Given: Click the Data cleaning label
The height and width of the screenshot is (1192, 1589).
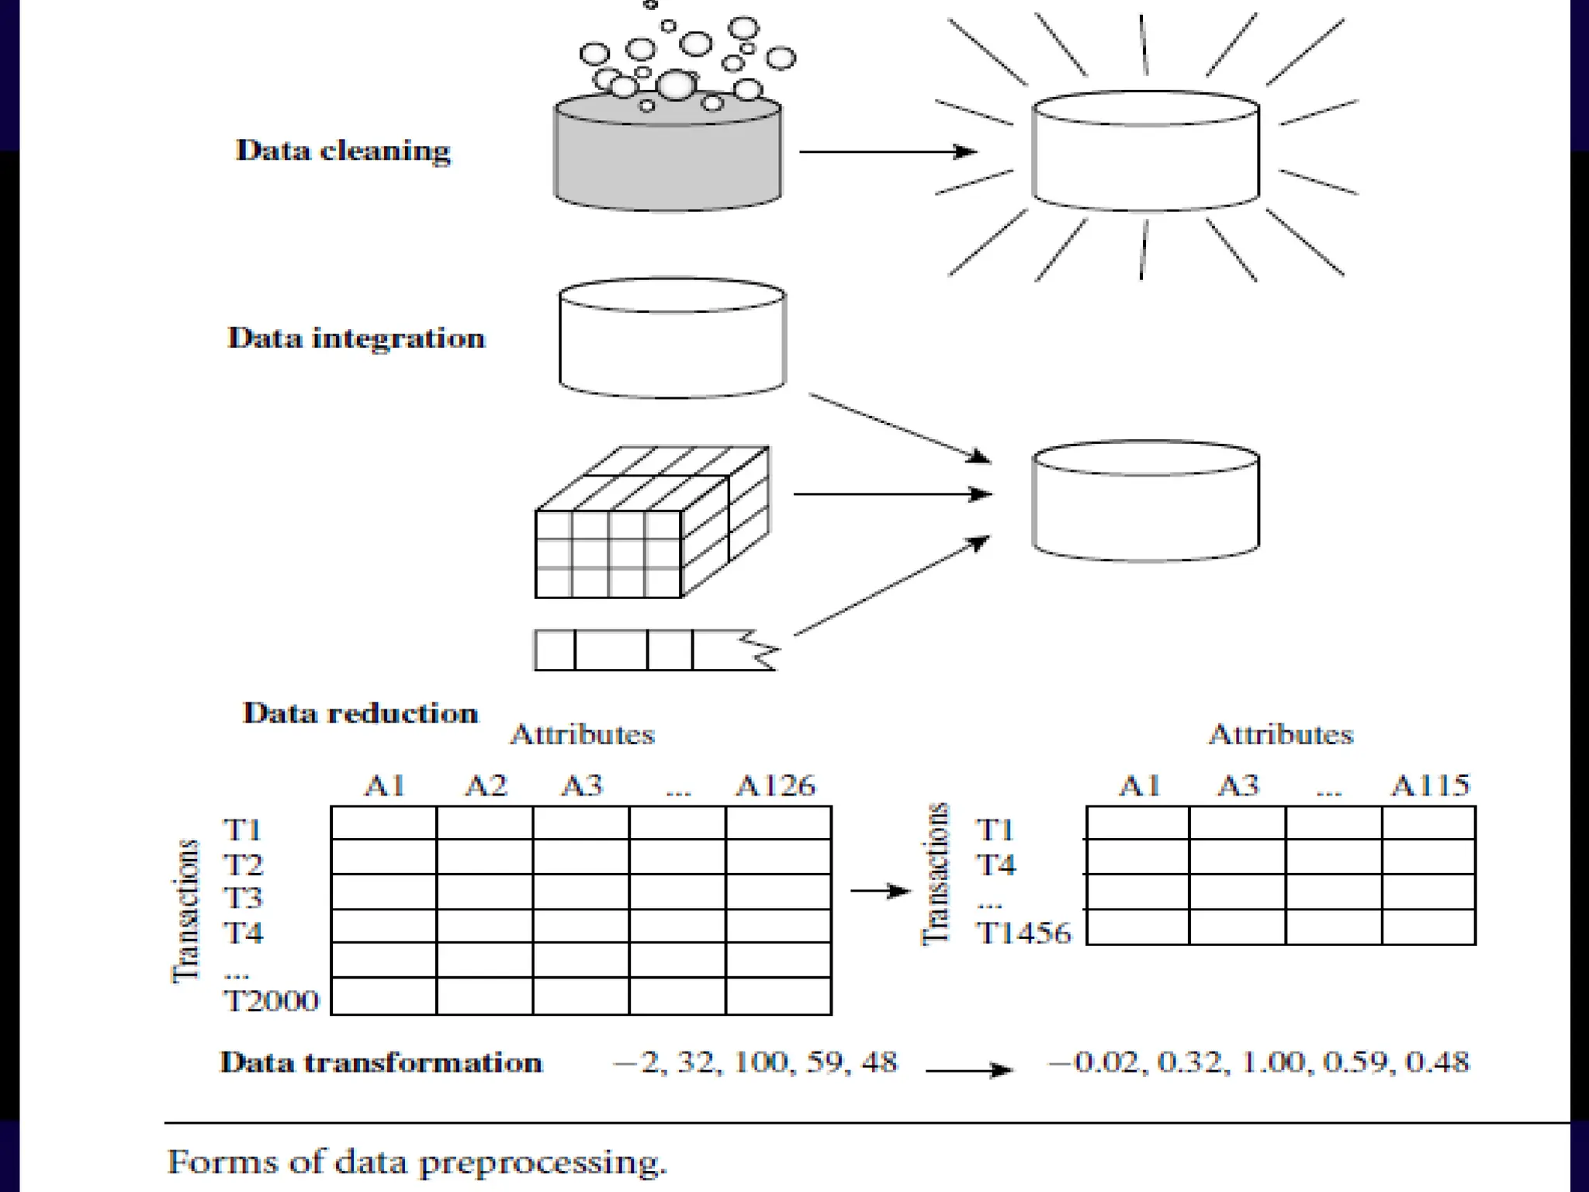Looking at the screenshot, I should pyautogui.click(x=343, y=151).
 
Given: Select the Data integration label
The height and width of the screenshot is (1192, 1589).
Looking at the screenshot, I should pyautogui.click(x=356, y=338).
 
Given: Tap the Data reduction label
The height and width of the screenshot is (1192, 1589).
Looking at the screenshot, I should pyautogui.click(x=360, y=713).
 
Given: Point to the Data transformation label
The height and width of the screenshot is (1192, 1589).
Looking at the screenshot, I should pyautogui.click(x=381, y=1062).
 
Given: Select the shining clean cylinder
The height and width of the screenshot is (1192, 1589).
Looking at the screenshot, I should pyautogui.click(x=1145, y=152).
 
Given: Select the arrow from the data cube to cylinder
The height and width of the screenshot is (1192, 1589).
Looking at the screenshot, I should pyautogui.click(x=892, y=494).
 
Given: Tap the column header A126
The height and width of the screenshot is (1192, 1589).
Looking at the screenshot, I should pyautogui.click(x=775, y=786).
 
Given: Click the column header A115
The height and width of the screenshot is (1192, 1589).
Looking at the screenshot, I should pyautogui.click(x=1429, y=785).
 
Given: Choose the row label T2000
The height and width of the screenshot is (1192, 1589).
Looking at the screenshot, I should pyautogui.click(x=272, y=1001).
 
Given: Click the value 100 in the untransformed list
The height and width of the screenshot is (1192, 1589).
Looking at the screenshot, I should pyautogui.click(x=760, y=1062).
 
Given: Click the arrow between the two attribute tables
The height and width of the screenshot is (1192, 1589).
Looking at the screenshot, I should pyautogui.click(x=881, y=891).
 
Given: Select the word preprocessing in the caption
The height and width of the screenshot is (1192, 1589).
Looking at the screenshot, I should pyautogui.click(x=542, y=1163).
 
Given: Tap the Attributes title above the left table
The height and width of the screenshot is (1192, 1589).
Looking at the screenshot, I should pyautogui.click(x=582, y=734).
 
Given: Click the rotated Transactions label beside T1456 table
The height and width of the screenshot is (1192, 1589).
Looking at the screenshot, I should pyautogui.click(x=936, y=874).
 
